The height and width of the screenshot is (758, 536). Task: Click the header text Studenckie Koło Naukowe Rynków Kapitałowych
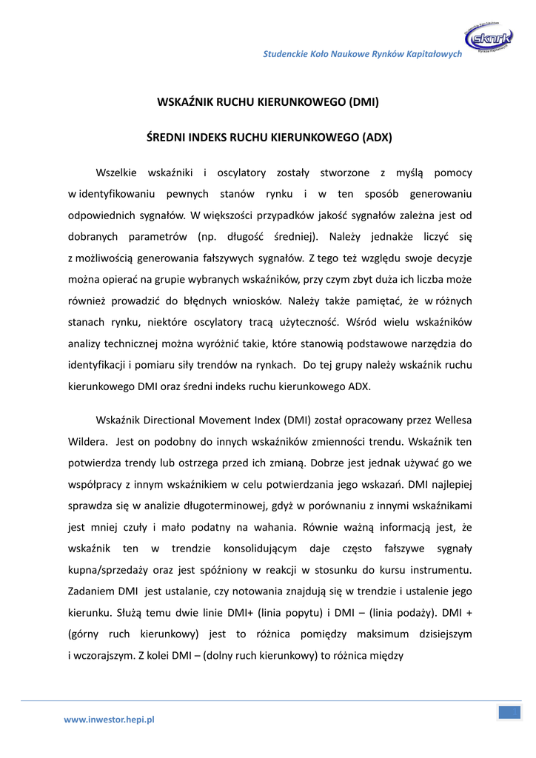(x=363, y=54)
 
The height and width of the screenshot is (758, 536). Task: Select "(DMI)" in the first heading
(x=363, y=101)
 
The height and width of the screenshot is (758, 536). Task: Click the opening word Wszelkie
(x=116, y=172)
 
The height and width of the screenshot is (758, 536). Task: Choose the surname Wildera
(x=88, y=441)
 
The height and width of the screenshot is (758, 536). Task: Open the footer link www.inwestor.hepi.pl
(x=109, y=719)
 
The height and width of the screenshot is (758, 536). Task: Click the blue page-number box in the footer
(x=509, y=712)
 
